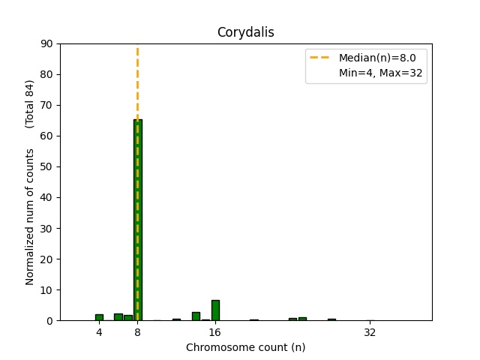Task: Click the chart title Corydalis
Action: pyautogui.click(x=245, y=32)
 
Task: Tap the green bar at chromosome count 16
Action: pyautogui.click(x=215, y=310)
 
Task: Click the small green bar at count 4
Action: pyautogui.click(x=99, y=317)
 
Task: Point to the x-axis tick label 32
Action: pyautogui.click(x=370, y=332)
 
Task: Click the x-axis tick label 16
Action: pyautogui.click(x=215, y=332)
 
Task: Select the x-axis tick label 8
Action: pyautogui.click(x=138, y=332)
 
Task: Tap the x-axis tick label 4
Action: pyautogui.click(x=99, y=332)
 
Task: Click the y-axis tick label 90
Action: pyautogui.click(x=47, y=43)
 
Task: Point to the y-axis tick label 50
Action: pyautogui.click(x=47, y=166)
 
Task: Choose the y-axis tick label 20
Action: pyautogui.click(x=47, y=259)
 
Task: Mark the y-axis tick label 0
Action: pyautogui.click(x=50, y=320)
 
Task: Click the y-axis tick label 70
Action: pyautogui.click(x=47, y=105)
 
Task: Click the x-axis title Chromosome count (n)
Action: pyautogui.click(x=245, y=347)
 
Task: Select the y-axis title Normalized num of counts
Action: pyautogui.click(x=31, y=216)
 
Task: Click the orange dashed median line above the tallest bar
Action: pyautogui.click(x=137, y=82)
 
